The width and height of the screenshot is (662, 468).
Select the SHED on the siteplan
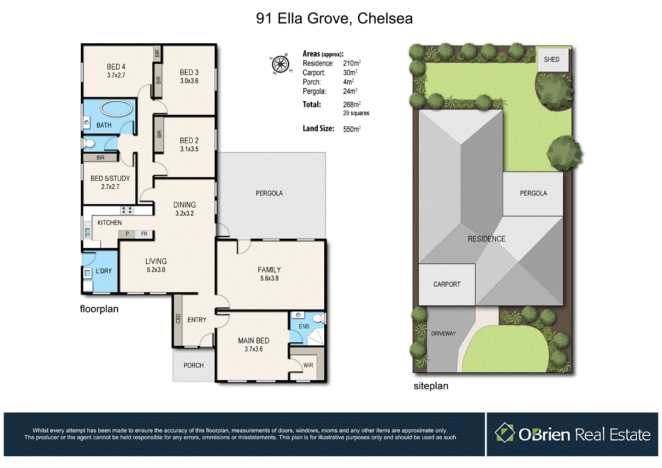pyautogui.click(x=551, y=60)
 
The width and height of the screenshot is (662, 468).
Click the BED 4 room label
pyautogui.click(x=116, y=67)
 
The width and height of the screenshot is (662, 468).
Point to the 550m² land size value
pyautogui.click(x=352, y=129)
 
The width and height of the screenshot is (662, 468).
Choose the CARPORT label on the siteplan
pyautogui.click(x=447, y=284)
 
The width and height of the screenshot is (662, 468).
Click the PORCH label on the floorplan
pyautogui.click(x=194, y=365)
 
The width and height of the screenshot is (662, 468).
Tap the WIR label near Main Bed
pyautogui.click(x=308, y=365)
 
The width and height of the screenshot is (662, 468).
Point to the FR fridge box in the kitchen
pyautogui.click(x=143, y=234)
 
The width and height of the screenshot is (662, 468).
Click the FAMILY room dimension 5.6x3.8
pyautogui.click(x=269, y=279)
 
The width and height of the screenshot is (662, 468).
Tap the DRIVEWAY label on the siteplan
pyautogui.click(x=443, y=333)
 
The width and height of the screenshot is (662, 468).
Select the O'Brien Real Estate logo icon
pyautogui.click(x=504, y=433)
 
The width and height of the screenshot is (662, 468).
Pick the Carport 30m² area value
pyautogui.click(x=350, y=73)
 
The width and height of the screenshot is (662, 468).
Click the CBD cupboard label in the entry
pyautogui.click(x=177, y=319)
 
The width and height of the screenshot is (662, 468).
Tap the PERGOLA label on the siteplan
pyautogui.click(x=533, y=193)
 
